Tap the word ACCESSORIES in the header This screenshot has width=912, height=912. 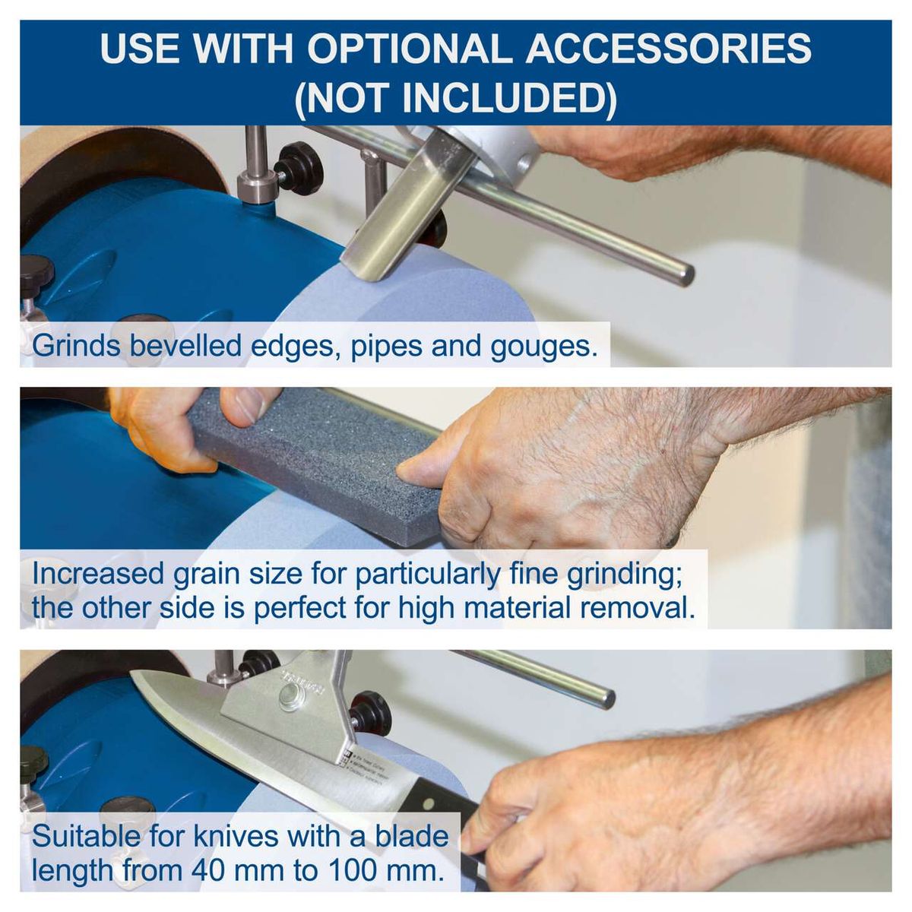[x=669, y=49]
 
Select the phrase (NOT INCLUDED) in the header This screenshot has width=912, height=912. [x=456, y=98]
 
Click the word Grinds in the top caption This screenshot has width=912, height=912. [x=76, y=346]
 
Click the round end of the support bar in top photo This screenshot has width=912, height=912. [x=684, y=274]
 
